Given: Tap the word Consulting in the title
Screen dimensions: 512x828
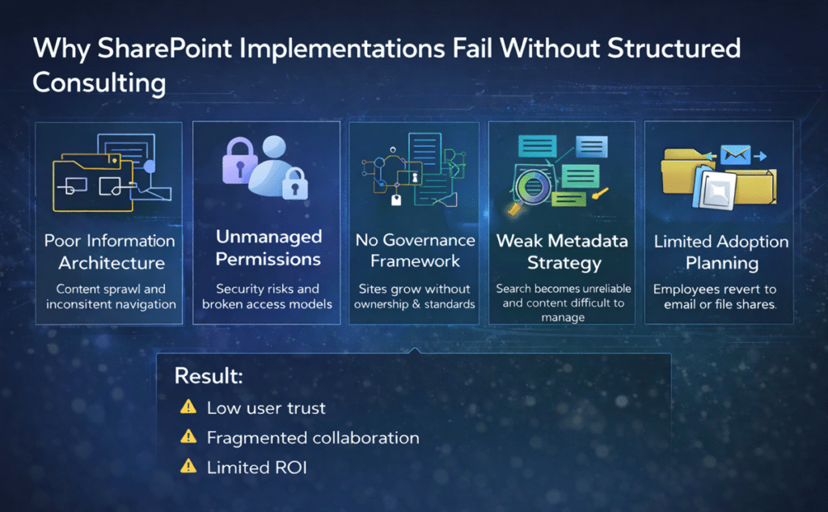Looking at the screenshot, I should pos(99,83).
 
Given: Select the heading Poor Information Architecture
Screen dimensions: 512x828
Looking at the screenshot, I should pos(110,252).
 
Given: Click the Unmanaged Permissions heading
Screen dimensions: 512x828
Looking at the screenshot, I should pos(268,248).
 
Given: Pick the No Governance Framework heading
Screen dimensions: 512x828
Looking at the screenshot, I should pos(416,250).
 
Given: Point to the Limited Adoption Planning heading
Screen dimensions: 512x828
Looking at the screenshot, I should pos(719,252).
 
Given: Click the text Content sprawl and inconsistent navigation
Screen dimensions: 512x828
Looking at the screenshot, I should pos(111,297).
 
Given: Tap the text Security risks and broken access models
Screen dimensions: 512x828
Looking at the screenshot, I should pos(267,297).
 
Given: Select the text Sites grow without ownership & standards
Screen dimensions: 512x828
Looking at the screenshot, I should pos(416,297).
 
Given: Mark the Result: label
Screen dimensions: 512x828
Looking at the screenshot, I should pos(209,376).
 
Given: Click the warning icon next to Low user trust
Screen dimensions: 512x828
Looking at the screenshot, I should pos(188,407).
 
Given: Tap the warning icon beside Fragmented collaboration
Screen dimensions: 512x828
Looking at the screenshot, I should pos(188,437).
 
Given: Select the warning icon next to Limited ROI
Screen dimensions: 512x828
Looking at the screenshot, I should pos(188,466).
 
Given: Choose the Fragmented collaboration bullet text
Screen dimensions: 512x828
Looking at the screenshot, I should pos(313,438).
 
